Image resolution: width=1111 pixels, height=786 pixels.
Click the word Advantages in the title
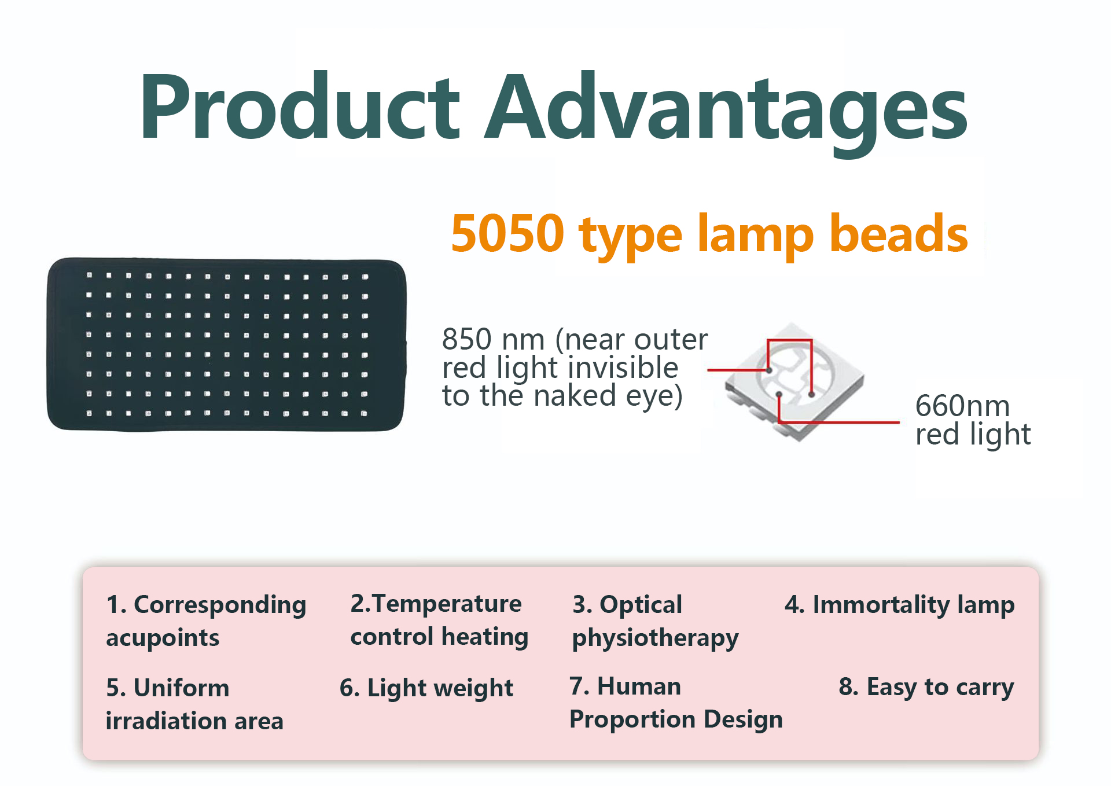(726, 110)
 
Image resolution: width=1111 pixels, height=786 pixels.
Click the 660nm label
(962, 406)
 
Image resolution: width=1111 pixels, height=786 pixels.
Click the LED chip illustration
(794, 382)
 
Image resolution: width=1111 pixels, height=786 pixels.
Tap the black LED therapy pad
(226, 345)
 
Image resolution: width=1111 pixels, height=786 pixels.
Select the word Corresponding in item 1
(220, 605)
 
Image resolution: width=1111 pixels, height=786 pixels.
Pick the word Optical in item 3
(641, 605)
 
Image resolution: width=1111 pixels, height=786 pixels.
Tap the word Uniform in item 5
(181, 688)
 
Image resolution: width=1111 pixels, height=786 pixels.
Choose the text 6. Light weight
(426, 688)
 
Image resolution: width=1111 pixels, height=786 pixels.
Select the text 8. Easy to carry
(926, 687)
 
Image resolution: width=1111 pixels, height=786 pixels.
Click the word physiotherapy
(655, 638)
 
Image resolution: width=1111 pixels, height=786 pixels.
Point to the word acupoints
(163, 638)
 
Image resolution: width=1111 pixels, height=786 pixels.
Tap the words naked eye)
(608, 396)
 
